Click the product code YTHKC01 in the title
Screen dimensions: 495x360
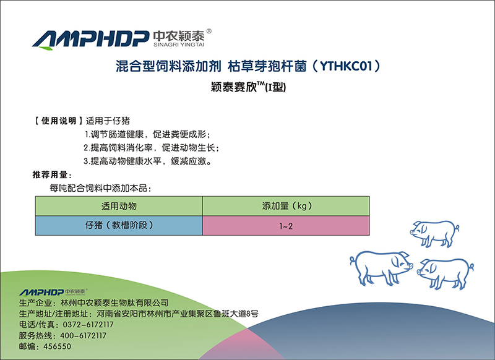point(346,66)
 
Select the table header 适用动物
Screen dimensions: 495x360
point(119,206)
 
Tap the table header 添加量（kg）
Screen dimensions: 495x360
point(286,206)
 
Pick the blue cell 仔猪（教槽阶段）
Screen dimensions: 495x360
point(119,225)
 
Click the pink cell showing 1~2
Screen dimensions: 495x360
point(286,226)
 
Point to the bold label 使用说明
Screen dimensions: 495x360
point(59,121)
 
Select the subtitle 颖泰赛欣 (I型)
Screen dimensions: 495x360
point(249,87)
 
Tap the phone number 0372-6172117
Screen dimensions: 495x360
point(88,325)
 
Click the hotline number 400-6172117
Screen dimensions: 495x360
point(83,335)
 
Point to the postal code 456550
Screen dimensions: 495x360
point(57,346)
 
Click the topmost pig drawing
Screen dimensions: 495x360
point(434,233)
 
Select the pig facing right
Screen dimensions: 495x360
point(381,268)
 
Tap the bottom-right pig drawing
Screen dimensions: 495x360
point(445,273)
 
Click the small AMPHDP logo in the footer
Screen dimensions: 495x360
point(53,292)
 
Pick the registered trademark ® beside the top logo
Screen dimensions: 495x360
point(209,31)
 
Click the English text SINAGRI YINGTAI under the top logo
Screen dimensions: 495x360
point(179,45)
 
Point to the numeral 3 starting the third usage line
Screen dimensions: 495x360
point(85,161)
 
